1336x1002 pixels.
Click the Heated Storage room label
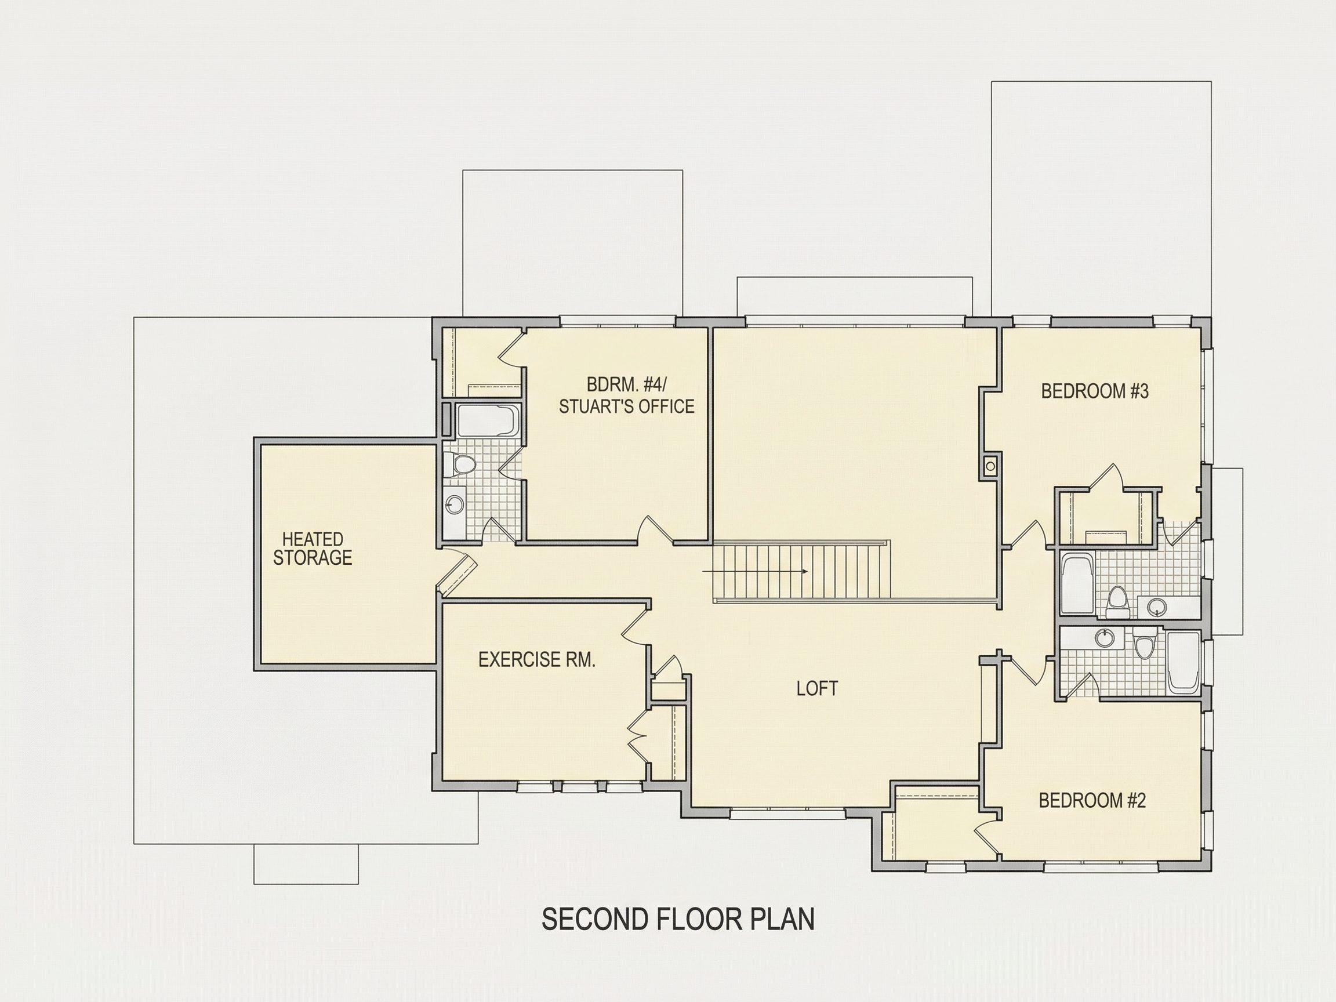[313, 549]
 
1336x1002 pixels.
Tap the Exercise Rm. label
[537, 660]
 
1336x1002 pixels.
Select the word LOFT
[817, 688]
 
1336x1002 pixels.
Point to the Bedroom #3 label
[1095, 391]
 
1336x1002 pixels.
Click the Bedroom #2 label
[1092, 801]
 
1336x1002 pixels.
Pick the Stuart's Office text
[626, 406]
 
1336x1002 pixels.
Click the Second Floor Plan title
[678, 919]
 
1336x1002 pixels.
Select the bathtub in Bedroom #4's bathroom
[488, 420]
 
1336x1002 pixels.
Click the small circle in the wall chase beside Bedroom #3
[990, 466]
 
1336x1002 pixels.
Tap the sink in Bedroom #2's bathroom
[1105, 637]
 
